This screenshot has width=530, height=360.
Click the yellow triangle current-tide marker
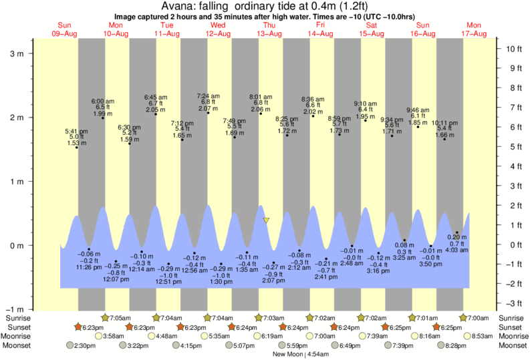pyautogui.click(x=266, y=220)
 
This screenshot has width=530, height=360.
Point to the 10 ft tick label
pyautogui.click(x=513, y=49)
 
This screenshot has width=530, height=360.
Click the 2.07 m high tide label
pyautogui.click(x=209, y=108)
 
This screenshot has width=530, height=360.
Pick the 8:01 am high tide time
pyautogui.click(x=260, y=96)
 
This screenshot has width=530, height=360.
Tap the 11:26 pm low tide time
pyautogui.click(x=89, y=267)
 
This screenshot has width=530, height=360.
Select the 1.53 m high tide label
pyautogui.click(x=76, y=143)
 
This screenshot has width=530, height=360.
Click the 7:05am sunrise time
pyautogui.click(x=120, y=319)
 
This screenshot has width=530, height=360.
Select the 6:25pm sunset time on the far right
pyautogui.click(x=452, y=327)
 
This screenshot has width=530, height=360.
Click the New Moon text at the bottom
pyautogui.click(x=285, y=355)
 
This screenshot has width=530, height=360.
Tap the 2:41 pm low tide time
pyautogui.click(x=326, y=277)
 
